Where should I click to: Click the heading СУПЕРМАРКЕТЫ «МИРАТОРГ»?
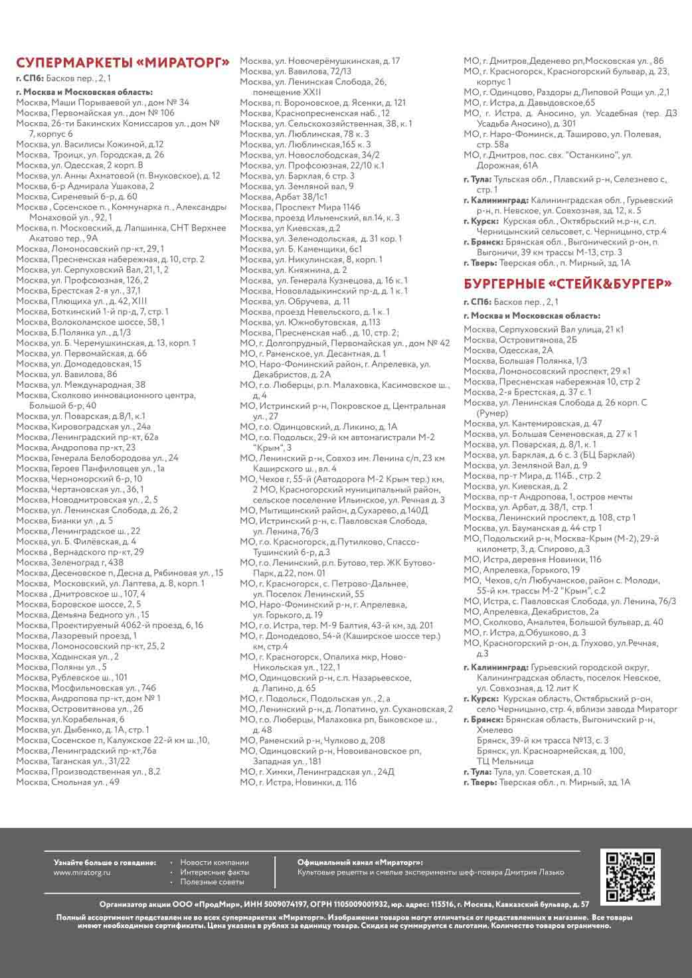(123, 63)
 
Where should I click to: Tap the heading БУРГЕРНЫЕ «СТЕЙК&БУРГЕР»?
(568, 284)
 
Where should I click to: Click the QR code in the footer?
(630, 876)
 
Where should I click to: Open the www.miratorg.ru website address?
(82, 872)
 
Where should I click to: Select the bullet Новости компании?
(214, 862)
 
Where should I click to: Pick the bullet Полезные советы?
(212, 882)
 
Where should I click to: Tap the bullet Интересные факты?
(215, 872)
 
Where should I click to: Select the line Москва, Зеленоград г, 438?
(70, 562)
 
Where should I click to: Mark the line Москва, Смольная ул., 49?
(68, 782)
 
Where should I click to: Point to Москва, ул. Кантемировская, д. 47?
(533, 423)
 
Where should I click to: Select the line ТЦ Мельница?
(505, 761)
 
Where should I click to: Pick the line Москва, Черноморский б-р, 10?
(79, 479)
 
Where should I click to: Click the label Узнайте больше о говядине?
(105, 862)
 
